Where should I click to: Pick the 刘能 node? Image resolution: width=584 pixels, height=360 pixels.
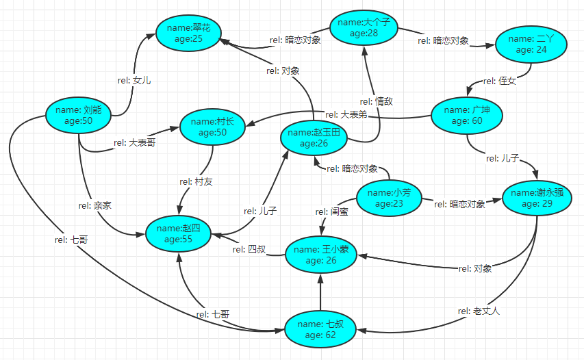[x=78, y=115]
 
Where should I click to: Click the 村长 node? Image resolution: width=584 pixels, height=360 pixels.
[x=212, y=127]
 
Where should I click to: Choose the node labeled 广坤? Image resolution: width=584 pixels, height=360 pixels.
[x=468, y=116]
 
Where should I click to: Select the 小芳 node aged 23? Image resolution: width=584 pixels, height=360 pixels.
[x=389, y=198]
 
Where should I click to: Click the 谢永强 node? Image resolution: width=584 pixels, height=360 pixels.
[x=536, y=198]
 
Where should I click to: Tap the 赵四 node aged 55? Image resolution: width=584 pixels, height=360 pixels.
[x=179, y=233]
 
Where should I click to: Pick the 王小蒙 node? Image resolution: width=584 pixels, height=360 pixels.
[x=321, y=255]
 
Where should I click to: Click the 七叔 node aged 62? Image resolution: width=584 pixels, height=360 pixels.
[x=321, y=329]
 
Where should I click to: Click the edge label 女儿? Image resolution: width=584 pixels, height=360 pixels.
[x=134, y=81]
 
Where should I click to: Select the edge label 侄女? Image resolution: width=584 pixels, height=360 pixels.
[x=499, y=81]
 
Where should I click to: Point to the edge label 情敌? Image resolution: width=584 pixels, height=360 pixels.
[x=377, y=102]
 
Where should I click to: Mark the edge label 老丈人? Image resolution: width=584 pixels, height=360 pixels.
[x=479, y=311]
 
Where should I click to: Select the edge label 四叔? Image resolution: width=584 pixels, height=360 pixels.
[x=248, y=249]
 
